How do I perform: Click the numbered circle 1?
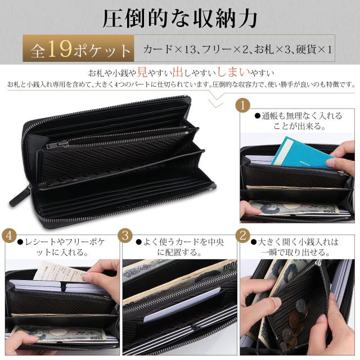pos(243,105)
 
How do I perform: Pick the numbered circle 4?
pos(10,235)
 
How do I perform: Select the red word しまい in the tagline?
pos(219,73)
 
